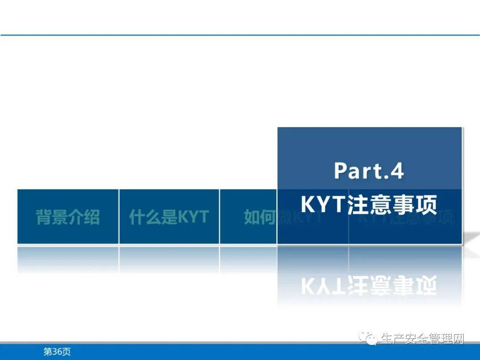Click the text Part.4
click(x=369, y=171)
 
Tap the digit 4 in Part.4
click(x=396, y=171)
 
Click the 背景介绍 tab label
click(x=68, y=217)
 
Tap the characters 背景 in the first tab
click(x=52, y=217)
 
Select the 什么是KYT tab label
click(x=169, y=217)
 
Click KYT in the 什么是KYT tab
click(x=193, y=217)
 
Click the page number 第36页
click(x=57, y=352)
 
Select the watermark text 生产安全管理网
click(x=421, y=339)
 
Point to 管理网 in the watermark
click(x=446, y=339)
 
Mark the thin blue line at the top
click(x=240, y=35)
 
